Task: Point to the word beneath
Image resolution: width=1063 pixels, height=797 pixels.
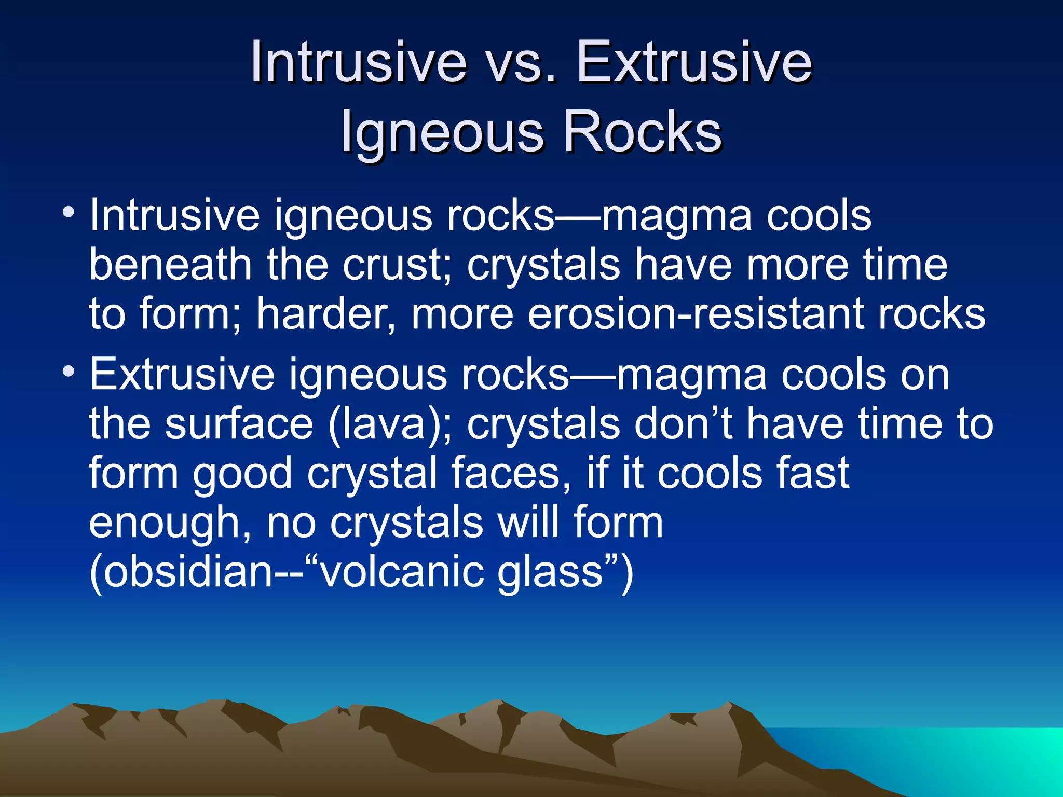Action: [171, 265]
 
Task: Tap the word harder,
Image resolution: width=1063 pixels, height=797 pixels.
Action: [326, 314]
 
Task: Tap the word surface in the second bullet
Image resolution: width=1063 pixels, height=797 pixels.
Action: [239, 424]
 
